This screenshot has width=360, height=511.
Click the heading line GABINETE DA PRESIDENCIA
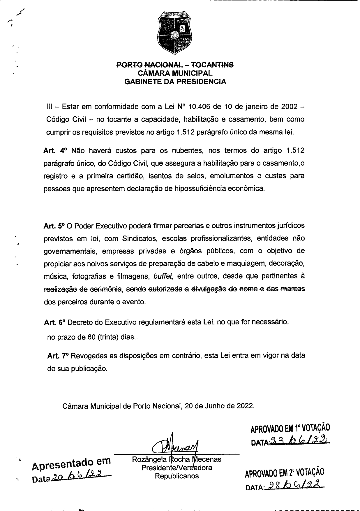(x=175, y=82)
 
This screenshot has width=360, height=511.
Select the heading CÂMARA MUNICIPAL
(x=175, y=73)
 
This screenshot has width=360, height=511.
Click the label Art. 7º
(x=57, y=356)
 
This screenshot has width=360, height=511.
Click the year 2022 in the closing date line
(x=244, y=406)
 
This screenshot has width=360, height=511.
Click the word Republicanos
(x=177, y=476)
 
